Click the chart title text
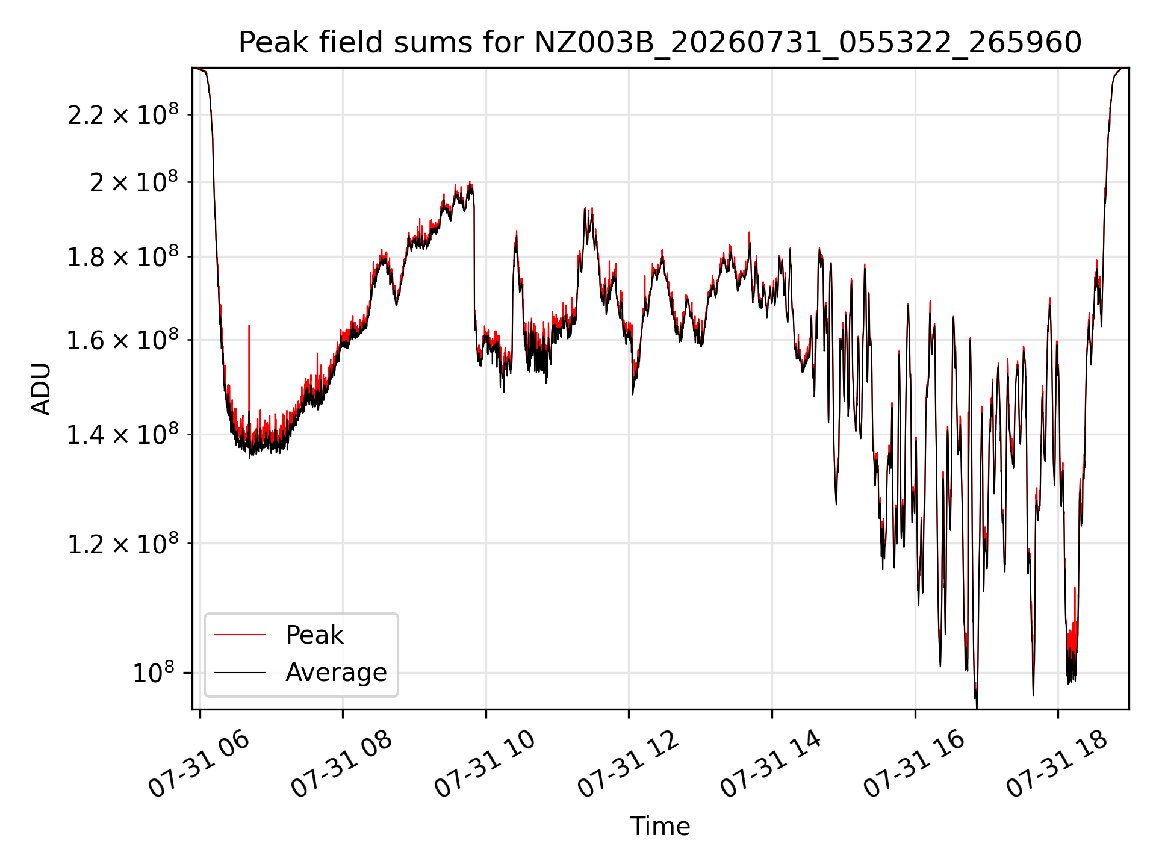click(660, 43)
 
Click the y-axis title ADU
click(41, 388)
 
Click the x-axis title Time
click(660, 826)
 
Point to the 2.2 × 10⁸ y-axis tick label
click(123, 114)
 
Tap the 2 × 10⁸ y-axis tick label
click(134, 181)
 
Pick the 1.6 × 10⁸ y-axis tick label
click(123, 339)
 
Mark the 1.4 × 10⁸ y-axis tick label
click(123, 433)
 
